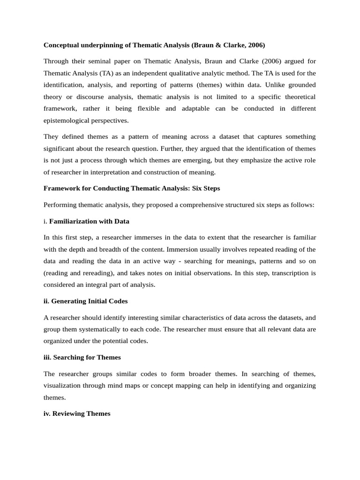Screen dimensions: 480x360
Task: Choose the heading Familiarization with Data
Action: click(x=89, y=221)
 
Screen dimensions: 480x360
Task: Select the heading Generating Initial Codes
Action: click(x=85, y=301)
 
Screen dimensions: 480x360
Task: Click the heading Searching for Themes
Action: click(x=82, y=357)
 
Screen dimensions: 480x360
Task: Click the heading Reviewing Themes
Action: click(x=77, y=413)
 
